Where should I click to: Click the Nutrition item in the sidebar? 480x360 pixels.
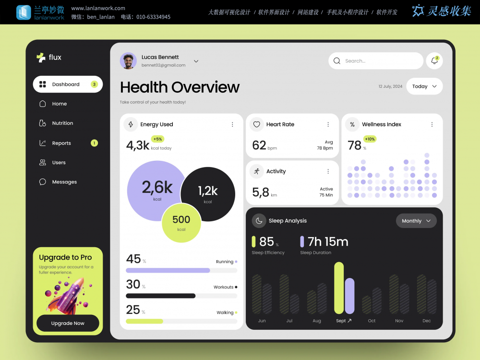(62, 123)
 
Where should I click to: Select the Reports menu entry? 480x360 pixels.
(61, 143)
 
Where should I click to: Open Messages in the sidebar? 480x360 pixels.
(64, 182)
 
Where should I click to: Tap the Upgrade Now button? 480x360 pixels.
(68, 323)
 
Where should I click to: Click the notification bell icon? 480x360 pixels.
(434, 61)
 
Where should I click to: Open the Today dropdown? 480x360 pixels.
(424, 86)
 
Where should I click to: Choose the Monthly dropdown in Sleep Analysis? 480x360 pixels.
(416, 221)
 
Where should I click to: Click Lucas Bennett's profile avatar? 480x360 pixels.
(128, 61)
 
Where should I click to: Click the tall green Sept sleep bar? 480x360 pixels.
(339, 288)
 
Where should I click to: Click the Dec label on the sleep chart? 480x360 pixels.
(427, 321)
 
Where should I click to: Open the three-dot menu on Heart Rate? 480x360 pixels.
(328, 124)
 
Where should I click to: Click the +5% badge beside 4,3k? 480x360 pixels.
(158, 139)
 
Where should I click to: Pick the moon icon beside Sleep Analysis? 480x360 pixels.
(259, 221)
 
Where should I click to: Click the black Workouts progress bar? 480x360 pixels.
(160, 296)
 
